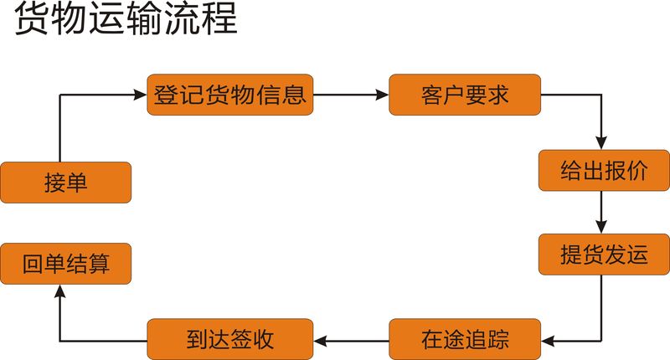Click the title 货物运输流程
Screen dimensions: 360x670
(126, 20)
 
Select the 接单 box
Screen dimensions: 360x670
(65, 183)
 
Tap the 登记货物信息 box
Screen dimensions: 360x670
(229, 95)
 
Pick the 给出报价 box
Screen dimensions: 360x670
(603, 171)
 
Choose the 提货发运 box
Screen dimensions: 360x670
(603, 255)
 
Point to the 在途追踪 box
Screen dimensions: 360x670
(465, 340)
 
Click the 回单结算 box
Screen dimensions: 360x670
(65, 265)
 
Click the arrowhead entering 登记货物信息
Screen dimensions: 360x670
(142, 95)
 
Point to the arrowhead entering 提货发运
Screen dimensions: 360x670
(601, 228)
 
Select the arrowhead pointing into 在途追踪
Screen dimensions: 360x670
(549, 340)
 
